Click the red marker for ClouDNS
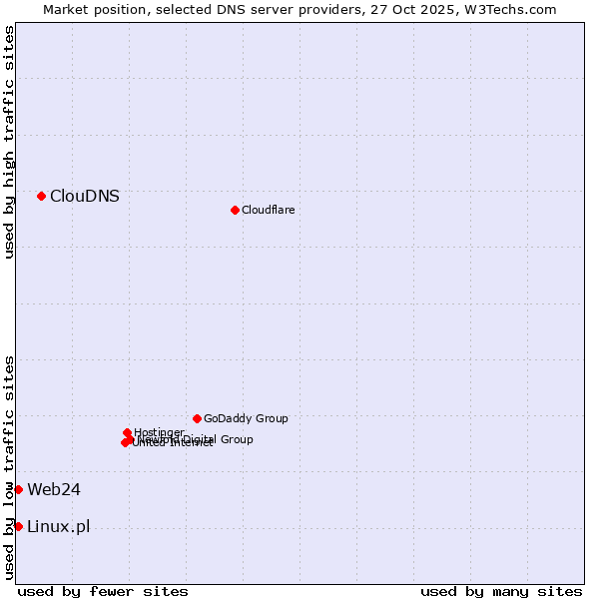pos(41,196)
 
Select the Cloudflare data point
pos(235,210)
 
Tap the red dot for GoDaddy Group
pos(197,418)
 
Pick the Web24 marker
pos(18,489)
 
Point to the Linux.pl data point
pos(18,526)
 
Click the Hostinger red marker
pos(127,432)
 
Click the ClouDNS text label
pos(85,196)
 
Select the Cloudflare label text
pos(269,210)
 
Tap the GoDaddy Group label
pos(246,418)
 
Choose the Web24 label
pos(54,489)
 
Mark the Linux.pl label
pos(58,526)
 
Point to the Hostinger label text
pos(160,432)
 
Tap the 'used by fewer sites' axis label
pos(103,591)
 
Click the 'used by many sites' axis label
pos(501,591)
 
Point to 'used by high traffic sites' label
pos(9,142)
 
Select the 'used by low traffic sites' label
pos(9,467)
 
